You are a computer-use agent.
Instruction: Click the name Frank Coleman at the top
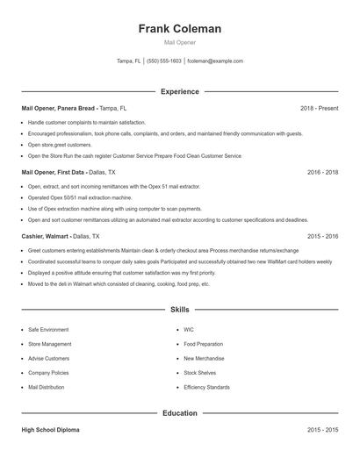click(180, 29)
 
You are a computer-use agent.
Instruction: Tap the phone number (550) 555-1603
click(164, 61)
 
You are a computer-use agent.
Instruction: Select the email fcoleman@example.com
click(215, 61)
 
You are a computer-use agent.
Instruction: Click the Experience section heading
click(180, 91)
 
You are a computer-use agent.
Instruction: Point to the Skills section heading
click(180, 310)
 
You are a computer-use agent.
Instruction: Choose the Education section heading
click(180, 412)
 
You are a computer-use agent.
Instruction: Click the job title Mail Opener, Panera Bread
click(58, 108)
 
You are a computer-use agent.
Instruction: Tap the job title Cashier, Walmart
click(43, 237)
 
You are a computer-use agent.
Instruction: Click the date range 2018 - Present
click(319, 108)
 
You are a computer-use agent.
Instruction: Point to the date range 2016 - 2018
click(322, 173)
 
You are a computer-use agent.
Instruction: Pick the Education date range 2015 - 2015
click(322, 431)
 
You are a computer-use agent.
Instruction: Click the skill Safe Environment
click(48, 330)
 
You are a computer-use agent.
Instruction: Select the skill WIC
click(189, 330)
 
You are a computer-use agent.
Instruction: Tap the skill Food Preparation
click(204, 344)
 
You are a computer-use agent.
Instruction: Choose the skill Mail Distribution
click(47, 387)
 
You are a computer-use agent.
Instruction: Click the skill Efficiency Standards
click(207, 387)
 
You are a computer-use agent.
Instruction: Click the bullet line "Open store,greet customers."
click(60, 144)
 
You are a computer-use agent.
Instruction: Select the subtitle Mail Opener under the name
click(180, 42)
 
